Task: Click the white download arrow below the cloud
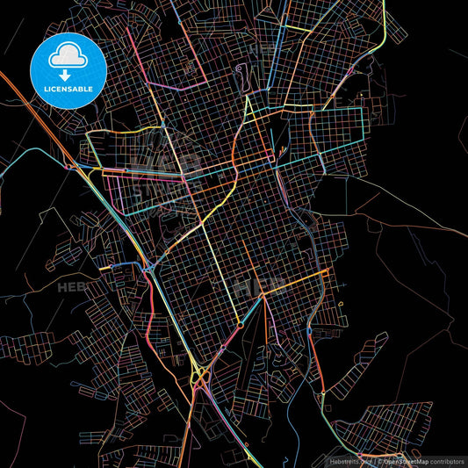(67, 73)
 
